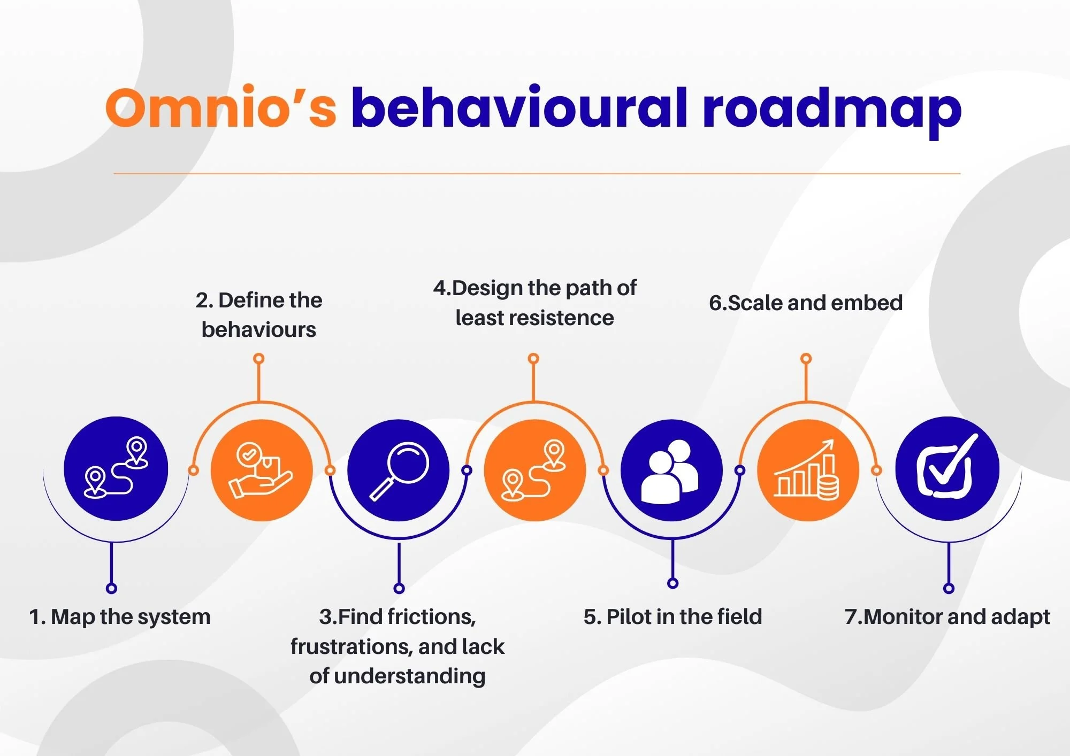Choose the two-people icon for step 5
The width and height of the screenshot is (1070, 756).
[x=671, y=471]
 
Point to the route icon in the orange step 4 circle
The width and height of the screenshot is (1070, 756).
[x=534, y=470]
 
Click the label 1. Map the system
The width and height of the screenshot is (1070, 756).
[x=120, y=617]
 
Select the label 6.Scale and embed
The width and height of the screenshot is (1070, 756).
[x=806, y=303]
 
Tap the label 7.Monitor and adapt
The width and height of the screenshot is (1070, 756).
[x=947, y=617]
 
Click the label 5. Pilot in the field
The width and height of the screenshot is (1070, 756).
[x=672, y=617]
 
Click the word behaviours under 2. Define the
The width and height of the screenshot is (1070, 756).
[x=259, y=330]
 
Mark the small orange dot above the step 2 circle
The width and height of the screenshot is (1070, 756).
[x=259, y=358]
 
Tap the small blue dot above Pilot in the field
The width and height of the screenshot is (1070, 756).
[x=673, y=583]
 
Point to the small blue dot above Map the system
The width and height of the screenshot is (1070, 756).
[x=111, y=589]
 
